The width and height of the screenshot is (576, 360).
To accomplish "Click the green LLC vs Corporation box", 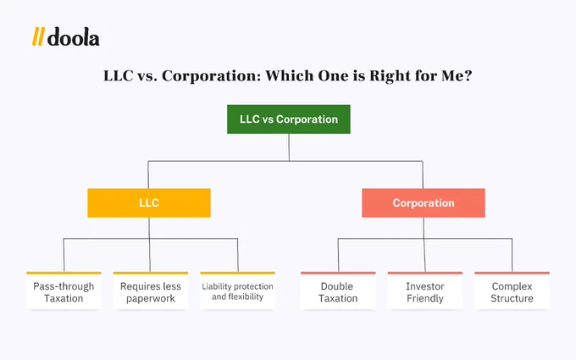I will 288,119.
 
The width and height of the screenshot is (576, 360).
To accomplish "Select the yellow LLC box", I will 149,203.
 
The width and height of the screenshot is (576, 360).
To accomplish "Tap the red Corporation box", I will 423,203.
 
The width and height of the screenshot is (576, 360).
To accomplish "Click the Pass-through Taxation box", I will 64,291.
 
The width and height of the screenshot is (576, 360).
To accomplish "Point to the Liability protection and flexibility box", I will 237,291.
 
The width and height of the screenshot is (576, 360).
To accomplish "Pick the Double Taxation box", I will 337,291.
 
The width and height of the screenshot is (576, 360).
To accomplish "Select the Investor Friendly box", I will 424,291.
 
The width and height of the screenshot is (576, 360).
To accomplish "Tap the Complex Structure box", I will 512,291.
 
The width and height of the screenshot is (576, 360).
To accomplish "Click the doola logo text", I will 74,38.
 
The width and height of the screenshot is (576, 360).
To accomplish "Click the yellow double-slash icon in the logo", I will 38,38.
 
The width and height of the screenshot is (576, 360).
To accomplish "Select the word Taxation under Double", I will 337,298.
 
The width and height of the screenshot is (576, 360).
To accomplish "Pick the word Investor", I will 424,285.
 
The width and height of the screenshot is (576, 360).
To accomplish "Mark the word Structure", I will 512,298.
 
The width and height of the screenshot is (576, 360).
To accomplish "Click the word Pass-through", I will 64,285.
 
